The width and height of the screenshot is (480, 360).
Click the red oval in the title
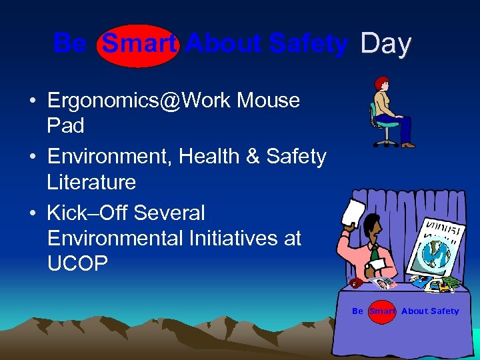coord(138,45)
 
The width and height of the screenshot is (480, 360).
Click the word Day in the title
coord(386,44)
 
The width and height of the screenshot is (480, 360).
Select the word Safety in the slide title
coord(309,44)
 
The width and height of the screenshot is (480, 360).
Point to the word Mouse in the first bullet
coord(269,101)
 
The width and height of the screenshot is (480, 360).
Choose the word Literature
coord(91,182)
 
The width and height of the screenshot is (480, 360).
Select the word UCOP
coord(77,263)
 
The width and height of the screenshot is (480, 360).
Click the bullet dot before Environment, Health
coord(33,157)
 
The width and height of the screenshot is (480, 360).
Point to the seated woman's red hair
coord(381,83)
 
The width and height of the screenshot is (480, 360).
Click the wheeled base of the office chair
coord(386,143)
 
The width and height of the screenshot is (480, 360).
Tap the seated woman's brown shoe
coord(408,145)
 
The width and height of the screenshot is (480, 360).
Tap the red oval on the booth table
coord(382,311)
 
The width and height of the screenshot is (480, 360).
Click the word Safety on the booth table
coord(445,311)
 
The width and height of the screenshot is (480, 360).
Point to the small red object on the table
coord(355,283)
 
